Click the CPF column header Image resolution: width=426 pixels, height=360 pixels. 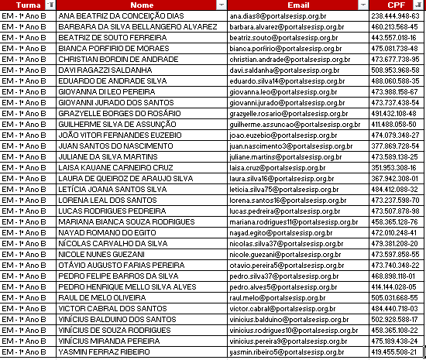coord(396,5)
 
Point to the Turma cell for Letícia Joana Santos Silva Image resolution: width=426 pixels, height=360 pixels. coord(25,189)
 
